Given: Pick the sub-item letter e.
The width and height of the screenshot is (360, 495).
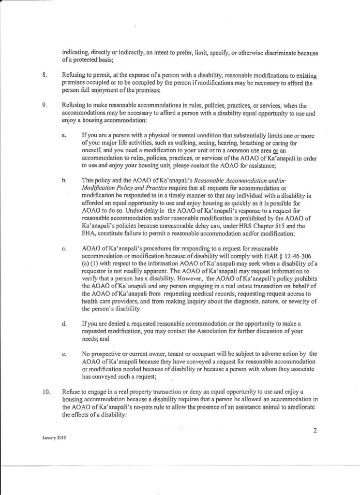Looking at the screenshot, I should coord(64,354).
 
